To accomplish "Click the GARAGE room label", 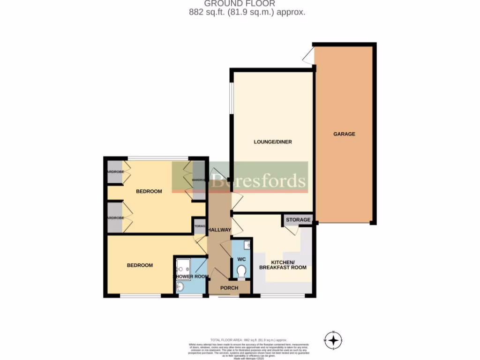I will (344, 134).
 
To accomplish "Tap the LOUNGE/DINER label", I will (273, 142).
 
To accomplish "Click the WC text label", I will (241, 259).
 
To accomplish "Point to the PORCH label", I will (229, 288).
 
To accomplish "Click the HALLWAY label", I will (219, 230).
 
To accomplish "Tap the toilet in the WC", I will (241, 271).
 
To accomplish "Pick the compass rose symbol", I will (333, 340).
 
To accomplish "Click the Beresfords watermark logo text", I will (258, 180).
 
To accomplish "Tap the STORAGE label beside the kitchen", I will (298, 220).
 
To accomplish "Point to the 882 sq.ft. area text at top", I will (247, 13).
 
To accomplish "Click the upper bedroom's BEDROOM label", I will (149, 191).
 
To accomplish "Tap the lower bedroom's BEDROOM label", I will (140, 265).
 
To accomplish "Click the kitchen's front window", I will (282, 296).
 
